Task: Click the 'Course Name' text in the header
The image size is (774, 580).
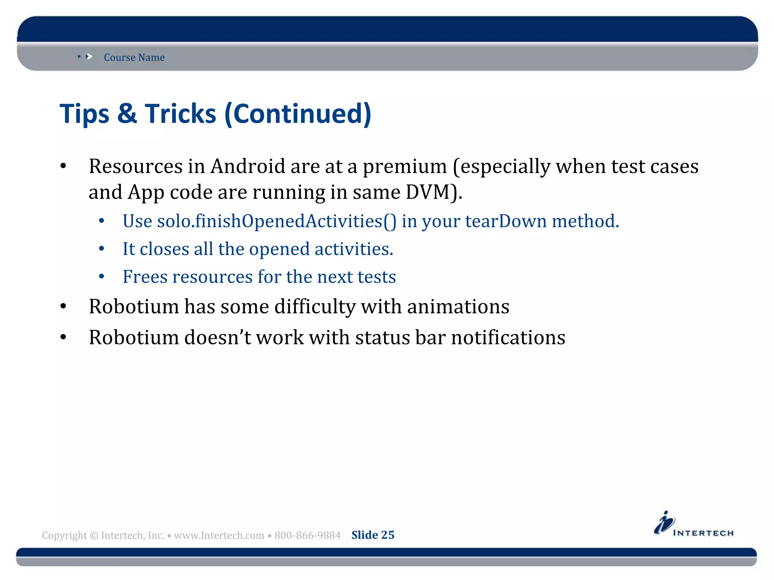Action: pos(134,57)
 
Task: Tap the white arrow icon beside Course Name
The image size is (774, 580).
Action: pos(89,57)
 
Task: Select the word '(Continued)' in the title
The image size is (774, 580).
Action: pos(298,114)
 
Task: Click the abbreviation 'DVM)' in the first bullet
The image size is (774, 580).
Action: pos(434,192)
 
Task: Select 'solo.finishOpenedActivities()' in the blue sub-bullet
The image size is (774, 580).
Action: pos(277,221)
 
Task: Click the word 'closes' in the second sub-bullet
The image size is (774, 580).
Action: pos(164,249)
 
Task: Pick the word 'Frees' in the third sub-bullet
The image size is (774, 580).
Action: pos(145,277)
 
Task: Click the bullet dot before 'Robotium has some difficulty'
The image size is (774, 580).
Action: pos(63,307)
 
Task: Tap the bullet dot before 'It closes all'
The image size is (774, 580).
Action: pos(101,249)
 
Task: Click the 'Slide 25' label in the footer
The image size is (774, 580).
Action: pos(373,535)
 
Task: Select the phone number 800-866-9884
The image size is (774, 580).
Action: pos(307,535)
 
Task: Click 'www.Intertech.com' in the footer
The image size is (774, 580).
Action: pos(219,535)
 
